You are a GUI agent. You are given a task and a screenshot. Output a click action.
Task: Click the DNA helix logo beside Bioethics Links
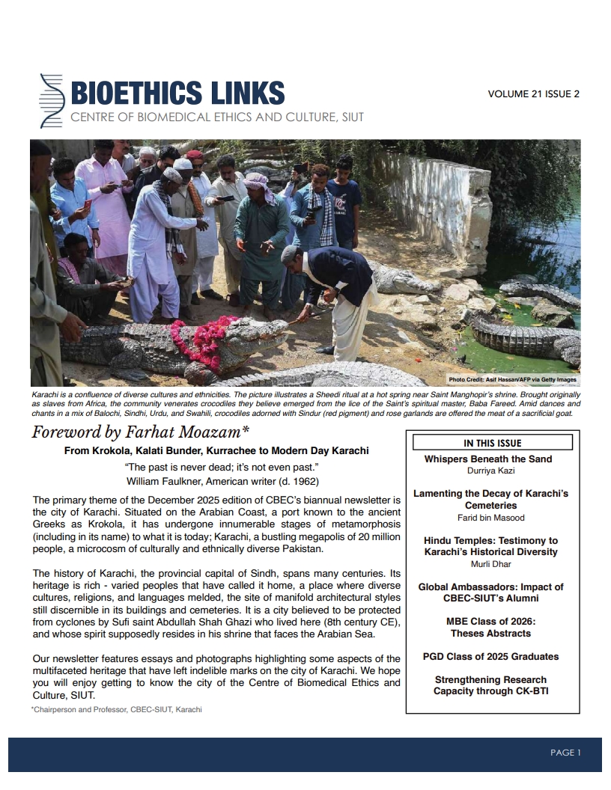[x=50, y=100]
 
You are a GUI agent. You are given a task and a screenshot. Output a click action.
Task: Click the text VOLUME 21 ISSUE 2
[x=533, y=94]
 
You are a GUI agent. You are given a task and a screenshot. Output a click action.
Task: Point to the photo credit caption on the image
[x=513, y=379]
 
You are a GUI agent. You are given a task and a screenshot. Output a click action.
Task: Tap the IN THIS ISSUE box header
[x=492, y=443]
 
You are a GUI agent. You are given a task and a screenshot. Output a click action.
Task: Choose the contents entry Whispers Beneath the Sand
[x=487, y=459]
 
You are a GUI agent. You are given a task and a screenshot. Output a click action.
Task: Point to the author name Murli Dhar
[x=490, y=563]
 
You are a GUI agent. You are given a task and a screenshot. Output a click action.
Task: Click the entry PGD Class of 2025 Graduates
[x=490, y=656]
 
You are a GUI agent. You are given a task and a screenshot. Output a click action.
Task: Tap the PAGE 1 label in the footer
[x=565, y=753]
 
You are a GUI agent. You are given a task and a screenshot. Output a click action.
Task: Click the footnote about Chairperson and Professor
[x=116, y=709]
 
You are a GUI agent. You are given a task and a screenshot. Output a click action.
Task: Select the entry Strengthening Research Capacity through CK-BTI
[x=490, y=685]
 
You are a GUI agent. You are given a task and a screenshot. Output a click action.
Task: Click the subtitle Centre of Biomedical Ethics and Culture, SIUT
[x=217, y=117]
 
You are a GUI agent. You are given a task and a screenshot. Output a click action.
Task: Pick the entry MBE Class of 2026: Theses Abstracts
[x=490, y=627]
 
